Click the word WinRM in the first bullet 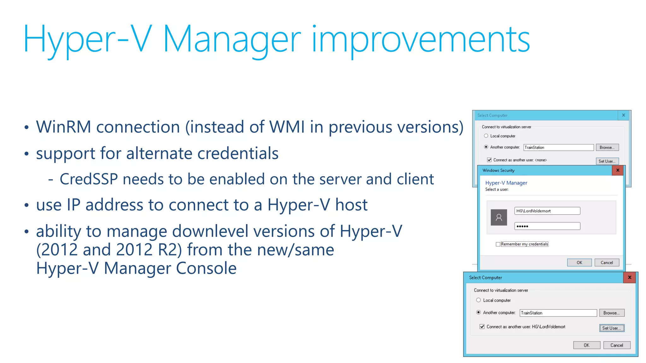(63, 127)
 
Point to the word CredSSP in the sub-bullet (89, 179)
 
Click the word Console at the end (206, 268)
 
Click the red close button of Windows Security (618, 170)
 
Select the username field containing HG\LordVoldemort (547, 211)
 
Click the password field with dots (547, 226)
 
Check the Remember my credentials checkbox (498, 244)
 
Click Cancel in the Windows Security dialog (607, 262)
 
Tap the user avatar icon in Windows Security (499, 217)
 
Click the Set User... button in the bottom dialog (611, 328)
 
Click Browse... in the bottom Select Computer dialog (611, 313)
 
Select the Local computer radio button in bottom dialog (479, 300)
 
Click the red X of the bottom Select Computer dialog (630, 278)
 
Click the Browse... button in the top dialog (607, 147)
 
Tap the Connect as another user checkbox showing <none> (489, 160)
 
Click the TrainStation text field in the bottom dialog (558, 313)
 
